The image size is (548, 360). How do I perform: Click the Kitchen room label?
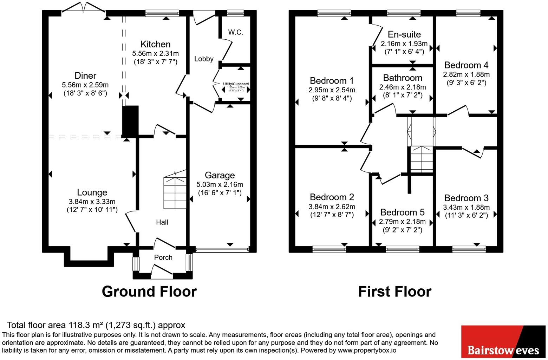pos(155,44)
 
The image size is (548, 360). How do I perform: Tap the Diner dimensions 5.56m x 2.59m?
pos(85,85)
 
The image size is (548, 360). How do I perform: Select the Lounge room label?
pos(92,192)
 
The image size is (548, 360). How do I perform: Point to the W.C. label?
pos(236,32)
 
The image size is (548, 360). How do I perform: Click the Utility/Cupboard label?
pos(236,84)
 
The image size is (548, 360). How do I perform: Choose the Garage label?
pos(220,175)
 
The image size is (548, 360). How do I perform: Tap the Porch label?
pos(163,257)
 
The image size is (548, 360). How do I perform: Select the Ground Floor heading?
pos(149,292)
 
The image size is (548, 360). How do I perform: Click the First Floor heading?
pos(395,292)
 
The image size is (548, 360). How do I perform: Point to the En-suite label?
pos(404,34)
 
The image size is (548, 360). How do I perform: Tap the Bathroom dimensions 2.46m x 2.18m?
pos(403,87)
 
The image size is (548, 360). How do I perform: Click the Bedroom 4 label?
pos(466,65)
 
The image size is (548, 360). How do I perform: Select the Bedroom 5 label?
pos(403,212)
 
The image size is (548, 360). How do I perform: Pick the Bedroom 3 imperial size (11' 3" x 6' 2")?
pos(466,215)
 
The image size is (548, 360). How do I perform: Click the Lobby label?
pos(204,59)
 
